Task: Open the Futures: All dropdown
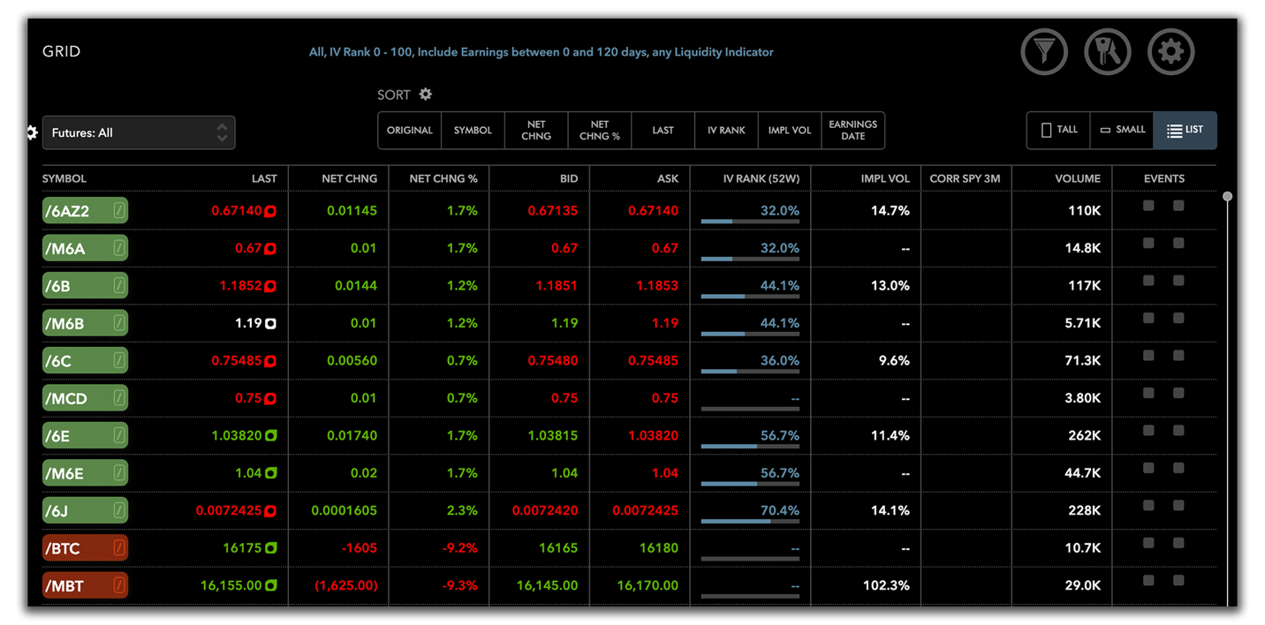click(x=139, y=132)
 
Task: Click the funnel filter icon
click(x=1044, y=52)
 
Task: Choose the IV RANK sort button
click(x=726, y=131)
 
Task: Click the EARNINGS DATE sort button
click(x=852, y=131)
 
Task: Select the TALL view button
click(x=1058, y=130)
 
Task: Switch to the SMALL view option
click(x=1122, y=130)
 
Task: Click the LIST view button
click(x=1185, y=130)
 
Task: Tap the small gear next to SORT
click(x=426, y=94)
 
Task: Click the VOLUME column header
click(x=1077, y=178)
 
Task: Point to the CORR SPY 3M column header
click(x=965, y=178)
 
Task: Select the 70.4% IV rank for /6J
click(x=779, y=510)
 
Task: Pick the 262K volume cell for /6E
click(x=1082, y=435)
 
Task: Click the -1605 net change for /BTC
click(x=359, y=548)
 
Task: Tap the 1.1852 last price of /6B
click(x=240, y=286)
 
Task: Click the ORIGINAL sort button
click(x=410, y=131)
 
